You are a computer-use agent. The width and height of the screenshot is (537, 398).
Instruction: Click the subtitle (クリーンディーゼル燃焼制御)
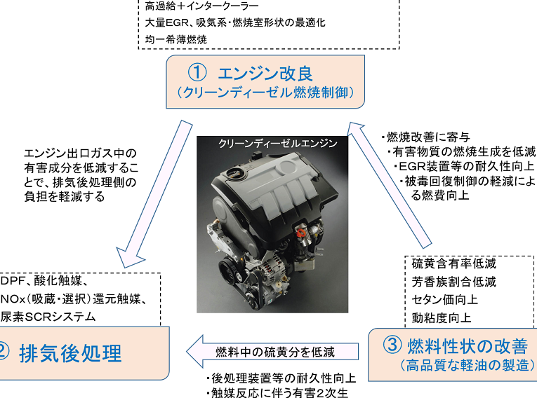point(265,92)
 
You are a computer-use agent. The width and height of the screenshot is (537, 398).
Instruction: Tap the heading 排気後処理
point(71,352)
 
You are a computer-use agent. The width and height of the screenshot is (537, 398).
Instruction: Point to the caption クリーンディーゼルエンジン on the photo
point(278,143)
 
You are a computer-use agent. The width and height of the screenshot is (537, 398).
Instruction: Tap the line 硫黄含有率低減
point(454,263)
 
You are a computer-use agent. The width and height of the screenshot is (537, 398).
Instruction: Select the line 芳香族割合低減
point(454,282)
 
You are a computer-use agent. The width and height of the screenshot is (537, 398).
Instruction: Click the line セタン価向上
point(445,299)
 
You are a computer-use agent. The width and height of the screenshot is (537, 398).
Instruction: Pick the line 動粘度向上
point(442,317)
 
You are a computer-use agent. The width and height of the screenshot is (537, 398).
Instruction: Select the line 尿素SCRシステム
point(48,316)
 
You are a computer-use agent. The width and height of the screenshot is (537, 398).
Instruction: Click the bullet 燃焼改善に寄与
point(425,137)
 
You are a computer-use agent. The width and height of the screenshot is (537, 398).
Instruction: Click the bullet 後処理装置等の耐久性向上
point(281,378)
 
